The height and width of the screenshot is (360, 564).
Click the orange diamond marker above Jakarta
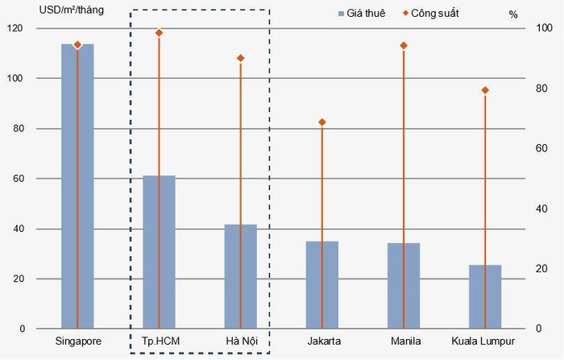pyautogui.click(x=322, y=122)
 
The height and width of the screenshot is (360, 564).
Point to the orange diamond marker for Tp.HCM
pyautogui.click(x=160, y=33)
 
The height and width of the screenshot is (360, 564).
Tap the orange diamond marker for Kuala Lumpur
pyautogui.click(x=485, y=90)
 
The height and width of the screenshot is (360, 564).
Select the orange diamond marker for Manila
pyautogui.click(x=404, y=46)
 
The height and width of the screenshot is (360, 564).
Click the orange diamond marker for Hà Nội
pyautogui.click(x=241, y=58)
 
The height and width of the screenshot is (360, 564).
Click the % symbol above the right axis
pyautogui.click(x=514, y=14)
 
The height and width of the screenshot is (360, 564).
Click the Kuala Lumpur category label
pyautogui.click(x=483, y=341)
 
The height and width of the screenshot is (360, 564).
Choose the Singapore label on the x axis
pyautogui.click(x=78, y=341)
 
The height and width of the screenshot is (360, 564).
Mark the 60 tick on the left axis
pyautogui.click(x=19, y=179)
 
